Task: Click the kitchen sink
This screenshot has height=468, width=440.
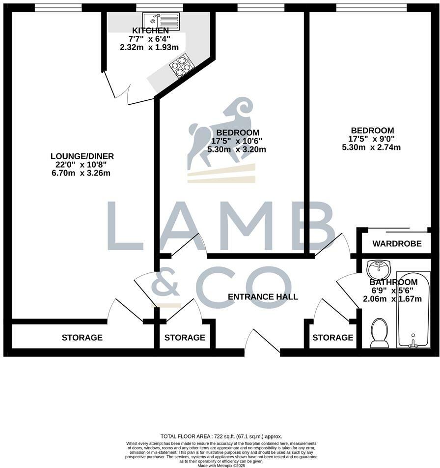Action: [x=161, y=21]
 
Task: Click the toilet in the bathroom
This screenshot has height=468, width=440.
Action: [x=379, y=331]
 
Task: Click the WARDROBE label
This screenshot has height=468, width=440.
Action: [x=397, y=244]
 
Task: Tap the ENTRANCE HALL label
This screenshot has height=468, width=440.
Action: [x=263, y=297]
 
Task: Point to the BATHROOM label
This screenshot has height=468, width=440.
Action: [x=393, y=282]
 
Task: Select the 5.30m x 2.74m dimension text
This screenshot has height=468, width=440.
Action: [x=371, y=147]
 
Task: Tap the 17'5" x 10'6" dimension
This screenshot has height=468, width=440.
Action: [x=237, y=141]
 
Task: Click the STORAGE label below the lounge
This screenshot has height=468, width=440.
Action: [x=82, y=338]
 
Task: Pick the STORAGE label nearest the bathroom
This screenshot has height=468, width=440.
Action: [x=332, y=338]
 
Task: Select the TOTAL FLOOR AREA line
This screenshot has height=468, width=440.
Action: [x=221, y=437]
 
